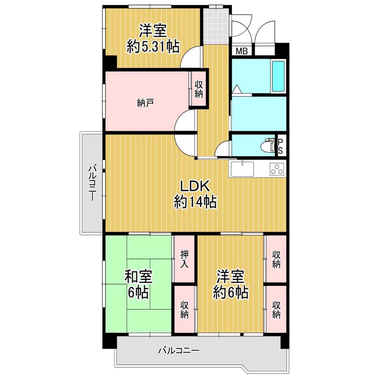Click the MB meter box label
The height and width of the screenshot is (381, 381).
(242, 51)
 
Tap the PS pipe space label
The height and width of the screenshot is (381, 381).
(280, 146)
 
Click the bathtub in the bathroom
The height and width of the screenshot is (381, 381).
(278, 76)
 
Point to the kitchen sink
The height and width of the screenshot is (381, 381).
(242, 169)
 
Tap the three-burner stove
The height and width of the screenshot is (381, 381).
(277, 169)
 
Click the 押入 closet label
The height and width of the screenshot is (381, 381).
(185, 259)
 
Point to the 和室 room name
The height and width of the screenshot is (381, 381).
(138, 276)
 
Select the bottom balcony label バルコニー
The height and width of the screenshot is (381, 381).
(179, 350)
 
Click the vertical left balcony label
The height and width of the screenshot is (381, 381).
(92, 183)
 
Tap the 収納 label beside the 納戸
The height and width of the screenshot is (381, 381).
(199, 89)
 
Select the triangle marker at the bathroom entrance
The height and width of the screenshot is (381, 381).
(237, 89)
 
